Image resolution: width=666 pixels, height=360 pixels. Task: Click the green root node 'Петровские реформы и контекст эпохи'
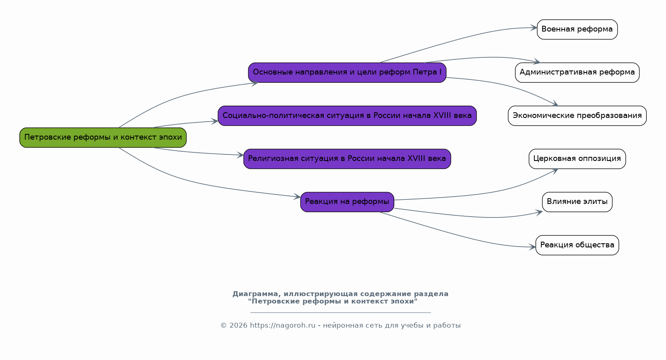point(103,138)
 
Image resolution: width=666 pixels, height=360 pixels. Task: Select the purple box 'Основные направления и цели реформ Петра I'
point(347,72)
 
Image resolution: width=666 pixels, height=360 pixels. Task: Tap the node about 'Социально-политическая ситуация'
point(347,115)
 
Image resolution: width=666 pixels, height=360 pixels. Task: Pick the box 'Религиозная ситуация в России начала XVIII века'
point(347,159)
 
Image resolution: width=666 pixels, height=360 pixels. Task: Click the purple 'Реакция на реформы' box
point(347,202)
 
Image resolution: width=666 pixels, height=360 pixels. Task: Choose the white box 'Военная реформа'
point(577,29)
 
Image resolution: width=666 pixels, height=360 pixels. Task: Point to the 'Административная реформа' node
point(577,72)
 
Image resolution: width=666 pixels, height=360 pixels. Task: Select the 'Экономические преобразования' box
point(577,115)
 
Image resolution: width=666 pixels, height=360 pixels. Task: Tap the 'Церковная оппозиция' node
point(577,159)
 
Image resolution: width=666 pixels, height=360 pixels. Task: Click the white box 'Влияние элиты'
point(577,202)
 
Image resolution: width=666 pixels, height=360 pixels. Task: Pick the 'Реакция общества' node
point(577,245)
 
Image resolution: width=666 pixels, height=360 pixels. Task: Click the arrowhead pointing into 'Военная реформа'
point(534,28)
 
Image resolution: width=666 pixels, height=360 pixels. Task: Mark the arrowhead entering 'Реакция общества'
point(532,247)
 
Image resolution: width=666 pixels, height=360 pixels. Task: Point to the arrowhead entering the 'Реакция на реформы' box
point(297,196)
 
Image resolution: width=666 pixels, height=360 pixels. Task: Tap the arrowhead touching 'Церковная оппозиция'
point(555,171)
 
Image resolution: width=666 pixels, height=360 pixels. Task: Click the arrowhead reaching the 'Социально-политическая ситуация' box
point(215,121)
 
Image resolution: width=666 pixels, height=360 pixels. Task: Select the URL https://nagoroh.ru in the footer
point(282,326)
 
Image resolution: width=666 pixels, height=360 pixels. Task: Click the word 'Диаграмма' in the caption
point(255,294)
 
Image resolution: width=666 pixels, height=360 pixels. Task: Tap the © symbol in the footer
point(224,326)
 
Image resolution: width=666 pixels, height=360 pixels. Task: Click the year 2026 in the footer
point(239,326)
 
